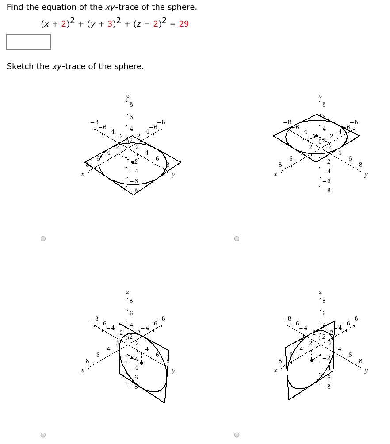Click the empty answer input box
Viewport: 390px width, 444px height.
coord(29,42)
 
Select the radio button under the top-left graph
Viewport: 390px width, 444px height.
coord(43,239)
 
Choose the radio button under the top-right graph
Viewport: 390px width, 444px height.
coord(237,239)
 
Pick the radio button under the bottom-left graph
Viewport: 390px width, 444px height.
coord(43,435)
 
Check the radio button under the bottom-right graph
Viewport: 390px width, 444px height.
coord(237,435)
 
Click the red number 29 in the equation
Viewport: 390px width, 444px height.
coord(184,24)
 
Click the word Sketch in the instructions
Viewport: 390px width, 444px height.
coord(20,66)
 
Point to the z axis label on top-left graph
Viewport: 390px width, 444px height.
coord(127,96)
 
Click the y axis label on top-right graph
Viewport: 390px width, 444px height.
coord(366,175)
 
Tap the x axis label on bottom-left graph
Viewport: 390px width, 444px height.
coord(82,371)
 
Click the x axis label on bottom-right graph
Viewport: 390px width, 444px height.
coord(275,371)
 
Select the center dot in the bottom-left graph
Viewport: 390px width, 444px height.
coord(141,363)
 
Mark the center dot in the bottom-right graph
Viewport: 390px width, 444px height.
coord(312,360)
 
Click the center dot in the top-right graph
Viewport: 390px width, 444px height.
coord(316,136)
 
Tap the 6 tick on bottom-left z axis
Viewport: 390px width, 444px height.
coord(131,313)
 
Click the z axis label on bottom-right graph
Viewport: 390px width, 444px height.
coord(320,292)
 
